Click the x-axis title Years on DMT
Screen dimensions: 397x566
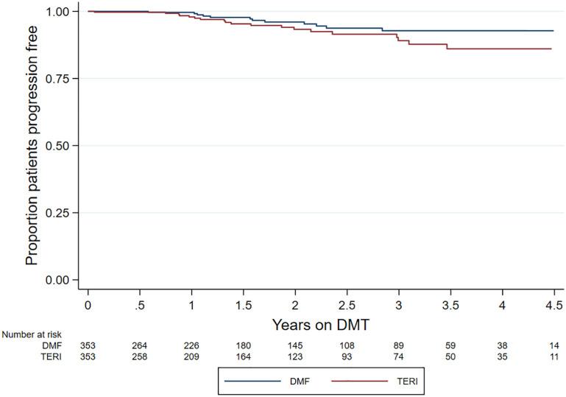[x=320, y=323]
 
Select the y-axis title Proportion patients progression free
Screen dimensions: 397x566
[x=32, y=146]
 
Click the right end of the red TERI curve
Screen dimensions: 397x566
[x=552, y=49]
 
